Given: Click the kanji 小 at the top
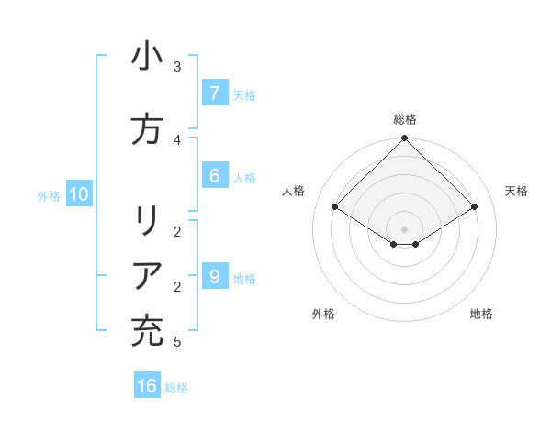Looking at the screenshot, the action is [x=147, y=57].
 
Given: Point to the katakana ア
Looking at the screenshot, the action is [x=147, y=276].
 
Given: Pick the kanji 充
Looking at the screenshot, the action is [x=147, y=330].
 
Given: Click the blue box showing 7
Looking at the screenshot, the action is [x=214, y=93].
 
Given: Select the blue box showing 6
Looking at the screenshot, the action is [x=214, y=176].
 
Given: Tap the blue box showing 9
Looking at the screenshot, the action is [x=214, y=277].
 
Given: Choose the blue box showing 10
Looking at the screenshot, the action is [x=79, y=194].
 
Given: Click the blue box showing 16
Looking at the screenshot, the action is [x=147, y=386].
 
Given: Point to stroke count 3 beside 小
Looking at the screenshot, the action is [x=176, y=67].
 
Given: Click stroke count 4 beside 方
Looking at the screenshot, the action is [x=176, y=139].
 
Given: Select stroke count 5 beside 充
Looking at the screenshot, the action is [x=176, y=342].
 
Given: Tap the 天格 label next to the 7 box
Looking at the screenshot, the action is [x=244, y=94].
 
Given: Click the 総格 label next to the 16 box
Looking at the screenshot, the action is [x=176, y=388].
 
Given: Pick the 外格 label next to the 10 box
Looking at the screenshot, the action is [x=49, y=195].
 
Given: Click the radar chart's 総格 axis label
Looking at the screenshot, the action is [x=405, y=119].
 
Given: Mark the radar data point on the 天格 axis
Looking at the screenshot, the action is [x=475, y=207].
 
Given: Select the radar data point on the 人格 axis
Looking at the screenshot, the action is [x=335, y=207].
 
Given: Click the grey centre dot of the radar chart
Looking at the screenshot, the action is [x=405, y=229].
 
